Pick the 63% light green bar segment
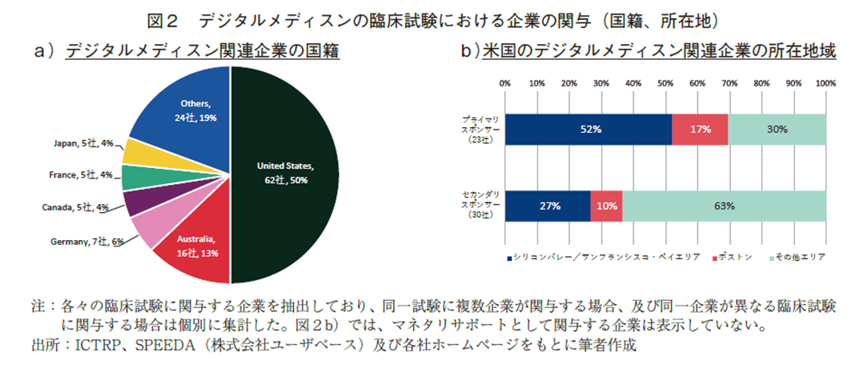(x=724, y=206)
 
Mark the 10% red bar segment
(x=606, y=206)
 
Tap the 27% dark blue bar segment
(x=548, y=206)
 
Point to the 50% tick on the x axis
(x=665, y=82)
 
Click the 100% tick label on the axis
(x=826, y=82)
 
